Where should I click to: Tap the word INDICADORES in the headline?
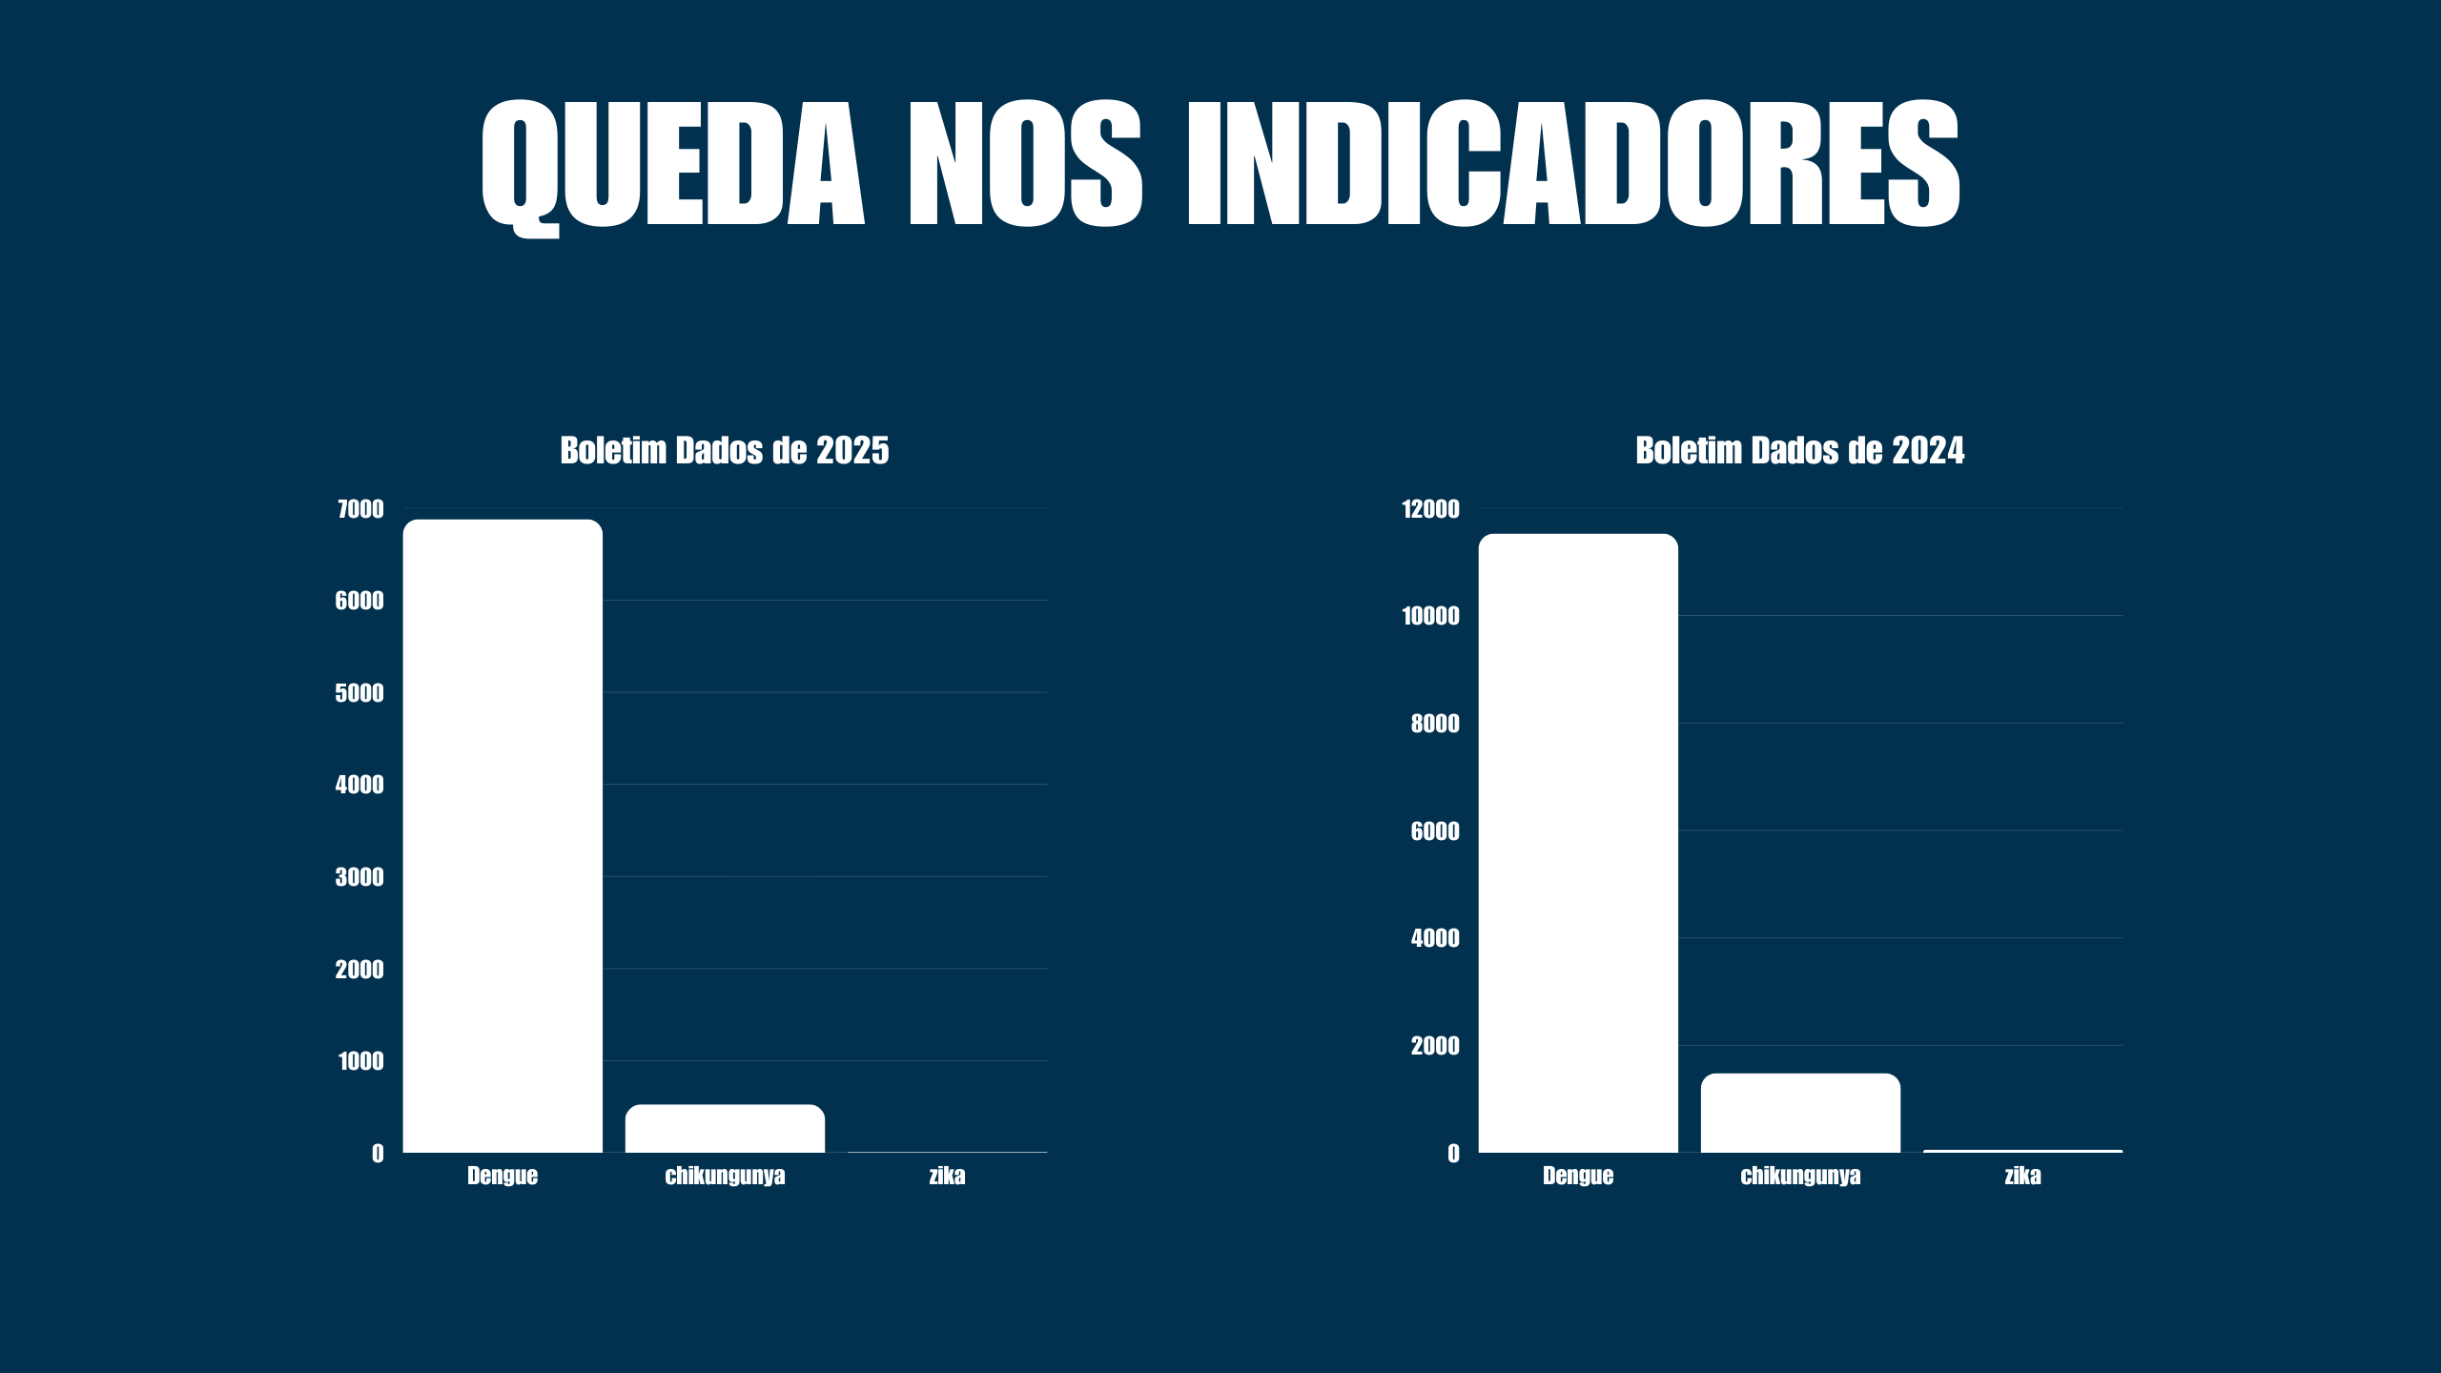1572,164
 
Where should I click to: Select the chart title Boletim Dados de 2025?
725,451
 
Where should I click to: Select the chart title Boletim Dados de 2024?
1799,451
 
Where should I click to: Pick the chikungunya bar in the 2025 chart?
725,1129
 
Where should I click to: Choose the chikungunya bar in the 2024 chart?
1800,1114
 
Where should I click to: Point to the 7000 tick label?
360,509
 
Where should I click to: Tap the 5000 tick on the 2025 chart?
359,693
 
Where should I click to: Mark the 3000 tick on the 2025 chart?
359,877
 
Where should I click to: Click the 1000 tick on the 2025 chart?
360,1061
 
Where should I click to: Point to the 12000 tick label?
1430,509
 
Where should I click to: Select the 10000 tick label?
1430,616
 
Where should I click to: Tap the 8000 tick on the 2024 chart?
1435,724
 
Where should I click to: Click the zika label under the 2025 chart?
947,1176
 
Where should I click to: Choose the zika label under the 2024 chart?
2022,1176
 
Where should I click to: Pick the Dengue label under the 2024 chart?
1578,1176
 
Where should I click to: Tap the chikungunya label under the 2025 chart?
725,1176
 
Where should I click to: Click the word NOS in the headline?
1025,164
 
